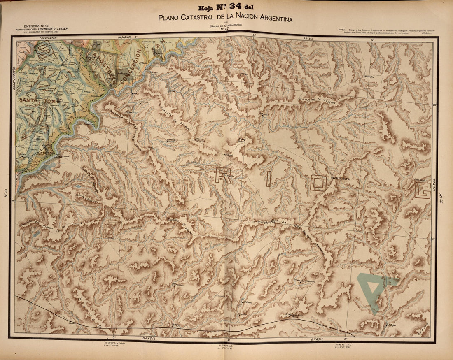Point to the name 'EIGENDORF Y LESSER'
click(x=51, y=29)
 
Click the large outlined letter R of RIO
click(x=223, y=175)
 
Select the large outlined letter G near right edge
click(x=423, y=190)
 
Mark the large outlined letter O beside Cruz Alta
click(x=318, y=184)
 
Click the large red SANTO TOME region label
click(x=39, y=100)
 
